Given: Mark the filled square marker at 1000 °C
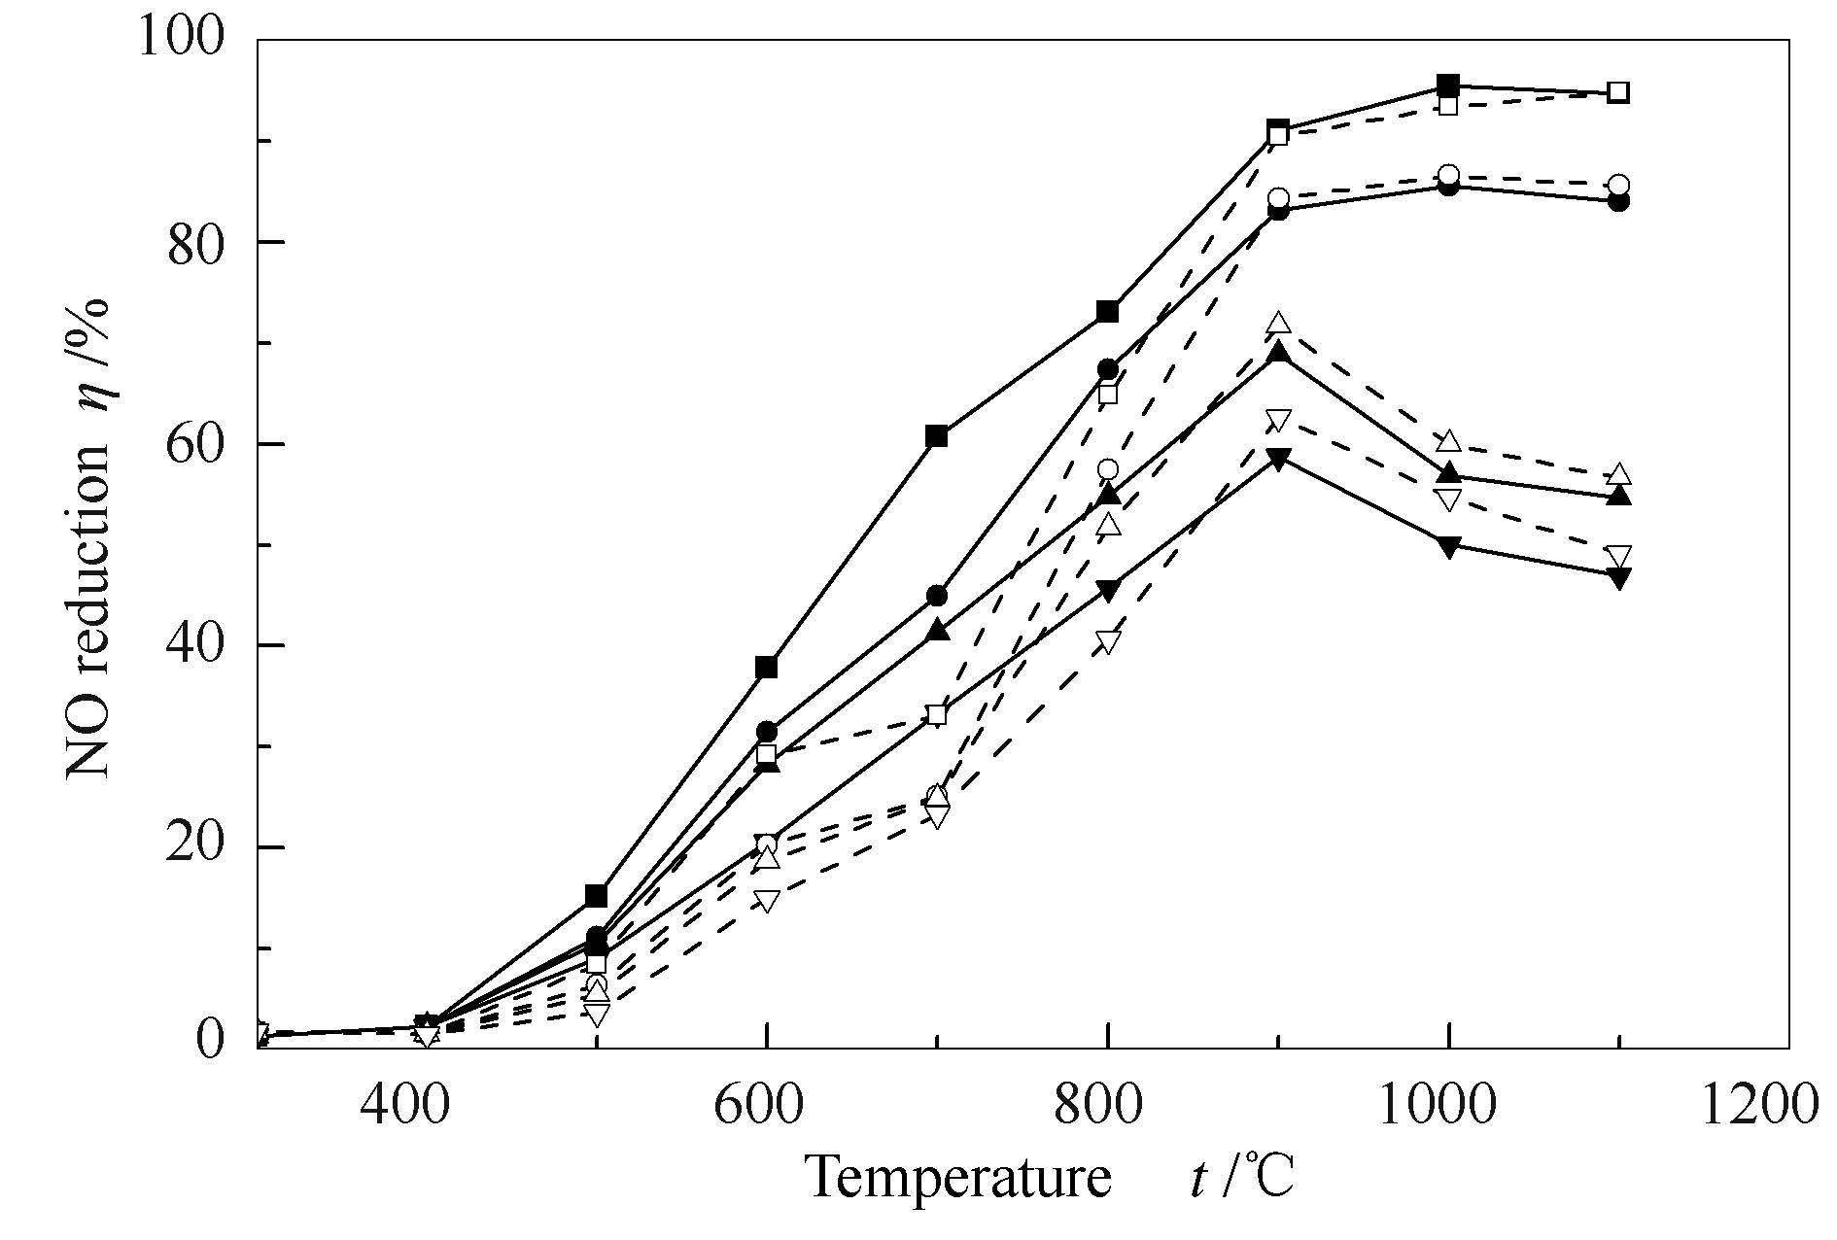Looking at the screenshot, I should pyautogui.click(x=1448, y=85).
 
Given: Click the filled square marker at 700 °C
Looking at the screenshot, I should pyautogui.click(x=937, y=435).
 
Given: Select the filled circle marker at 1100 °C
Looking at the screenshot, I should pyautogui.click(x=1618, y=202).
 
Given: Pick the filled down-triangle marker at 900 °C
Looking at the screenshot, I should pyautogui.click(x=1279, y=460).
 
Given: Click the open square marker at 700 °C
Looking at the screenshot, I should pyautogui.click(x=937, y=715).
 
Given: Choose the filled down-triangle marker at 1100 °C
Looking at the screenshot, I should pyautogui.click(x=1618, y=578).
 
